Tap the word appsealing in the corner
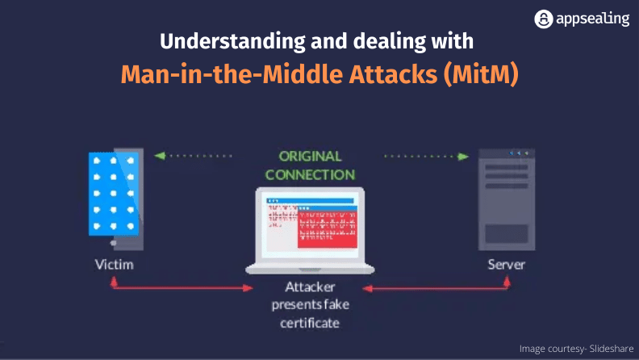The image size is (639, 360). [x=591, y=19]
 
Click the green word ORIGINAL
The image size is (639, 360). [x=310, y=156]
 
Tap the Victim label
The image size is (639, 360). [x=113, y=265]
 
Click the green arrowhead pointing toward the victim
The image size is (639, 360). [x=160, y=156]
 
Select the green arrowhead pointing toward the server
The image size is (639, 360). [x=464, y=156]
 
